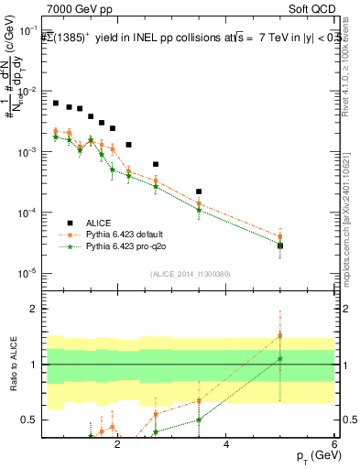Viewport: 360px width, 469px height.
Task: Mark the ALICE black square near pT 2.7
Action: [x=156, y=164]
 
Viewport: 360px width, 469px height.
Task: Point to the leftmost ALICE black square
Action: [x=56, y=104]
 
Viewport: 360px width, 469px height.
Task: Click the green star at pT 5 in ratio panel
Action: [x=280, y=358]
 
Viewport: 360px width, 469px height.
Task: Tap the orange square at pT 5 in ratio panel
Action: [x=280, y=335]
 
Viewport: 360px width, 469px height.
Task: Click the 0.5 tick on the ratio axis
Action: [x=33, y=420]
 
